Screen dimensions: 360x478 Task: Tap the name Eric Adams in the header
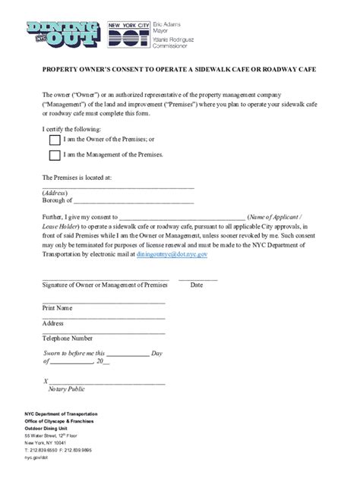click(179, 25)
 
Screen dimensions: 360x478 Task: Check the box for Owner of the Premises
click(55, 140)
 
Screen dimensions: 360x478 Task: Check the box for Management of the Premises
click(55, 156)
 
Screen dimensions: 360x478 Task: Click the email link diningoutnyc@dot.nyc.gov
click(172, 256)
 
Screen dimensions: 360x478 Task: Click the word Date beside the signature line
click(197, 285)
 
